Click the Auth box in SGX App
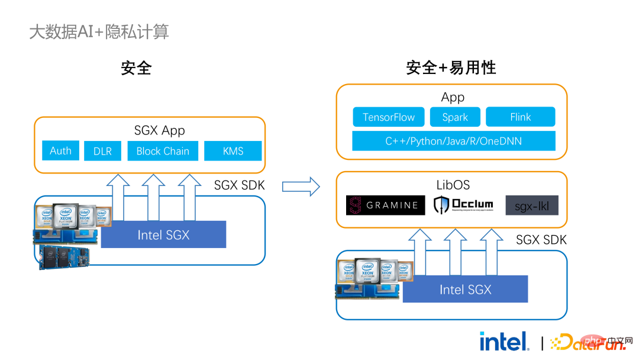60,150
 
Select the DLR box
102,151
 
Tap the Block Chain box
163,151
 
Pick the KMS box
233,151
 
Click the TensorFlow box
389,117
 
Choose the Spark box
455,117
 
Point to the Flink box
520,117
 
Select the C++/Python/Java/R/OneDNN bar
453,141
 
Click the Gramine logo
385,205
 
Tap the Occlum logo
464,205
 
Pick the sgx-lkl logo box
531,205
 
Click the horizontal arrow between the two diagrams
301,187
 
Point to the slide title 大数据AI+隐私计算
99,31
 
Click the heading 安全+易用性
451,67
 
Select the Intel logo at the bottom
504,341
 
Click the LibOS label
453,185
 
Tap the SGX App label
160,130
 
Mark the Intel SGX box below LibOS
465,289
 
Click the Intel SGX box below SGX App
163,234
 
